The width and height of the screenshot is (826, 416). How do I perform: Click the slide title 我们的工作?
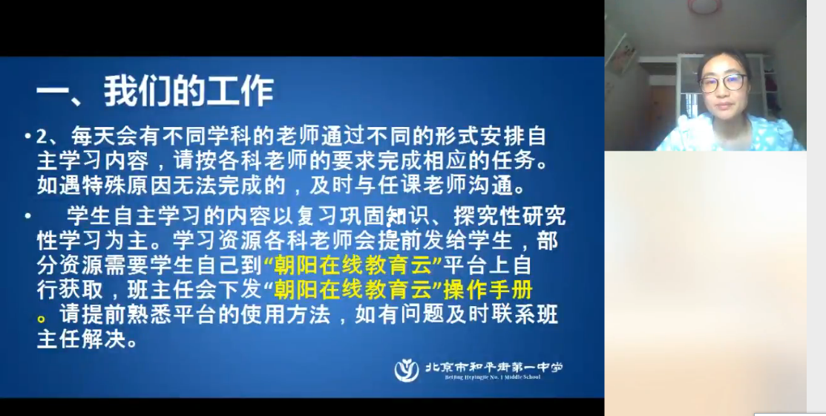tap(189, 91)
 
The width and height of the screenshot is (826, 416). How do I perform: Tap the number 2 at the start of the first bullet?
tap(42, 137)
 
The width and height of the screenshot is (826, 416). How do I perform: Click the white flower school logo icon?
tap(407, 370)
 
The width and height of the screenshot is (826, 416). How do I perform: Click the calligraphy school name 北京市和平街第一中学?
tap(494, 366)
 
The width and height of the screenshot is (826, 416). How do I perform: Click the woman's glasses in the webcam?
tap(724, 82)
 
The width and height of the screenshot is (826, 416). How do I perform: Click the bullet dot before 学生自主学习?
tap(27, 216)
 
